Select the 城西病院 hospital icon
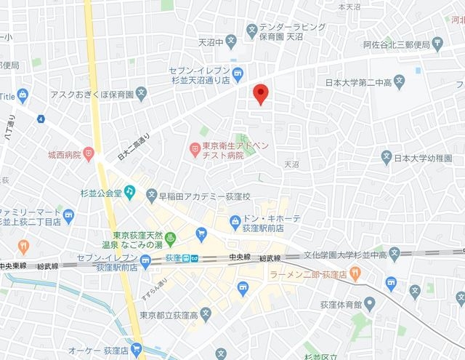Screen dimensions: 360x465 point(89,153)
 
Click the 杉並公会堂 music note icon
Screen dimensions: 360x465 point(129,191)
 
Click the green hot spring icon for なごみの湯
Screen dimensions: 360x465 point(172,238)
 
